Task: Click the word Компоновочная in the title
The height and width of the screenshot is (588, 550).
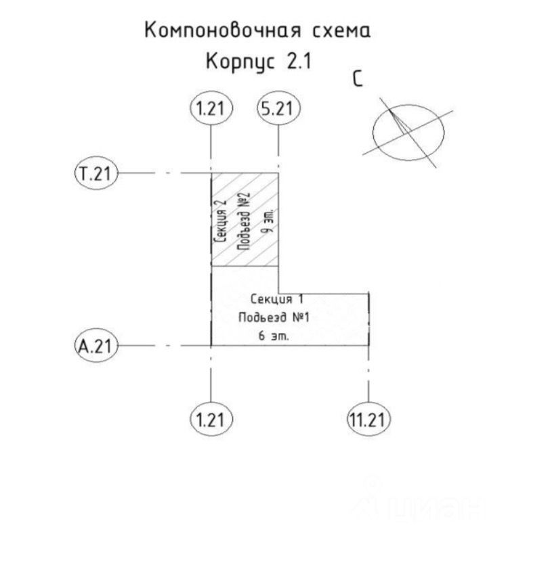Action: (219, 30)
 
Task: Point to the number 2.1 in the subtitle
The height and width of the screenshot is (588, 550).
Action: (298, 62)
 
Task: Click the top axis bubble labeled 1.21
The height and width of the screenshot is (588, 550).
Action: (211, 108)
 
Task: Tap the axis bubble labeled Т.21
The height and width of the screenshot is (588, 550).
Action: (95, 174)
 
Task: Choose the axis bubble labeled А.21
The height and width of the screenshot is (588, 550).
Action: (95, 346)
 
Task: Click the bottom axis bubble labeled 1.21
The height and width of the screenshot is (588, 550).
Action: (211, 420)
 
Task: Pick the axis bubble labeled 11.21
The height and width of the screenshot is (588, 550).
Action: (368, 420)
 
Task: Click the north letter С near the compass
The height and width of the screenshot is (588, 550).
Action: (358, 79)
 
